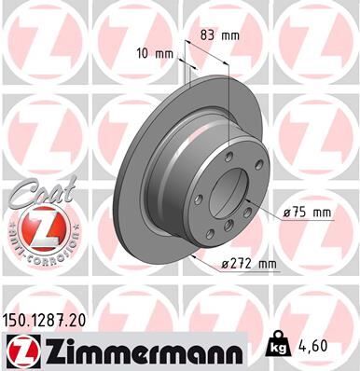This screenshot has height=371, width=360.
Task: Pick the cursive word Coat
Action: click(35, 194)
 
